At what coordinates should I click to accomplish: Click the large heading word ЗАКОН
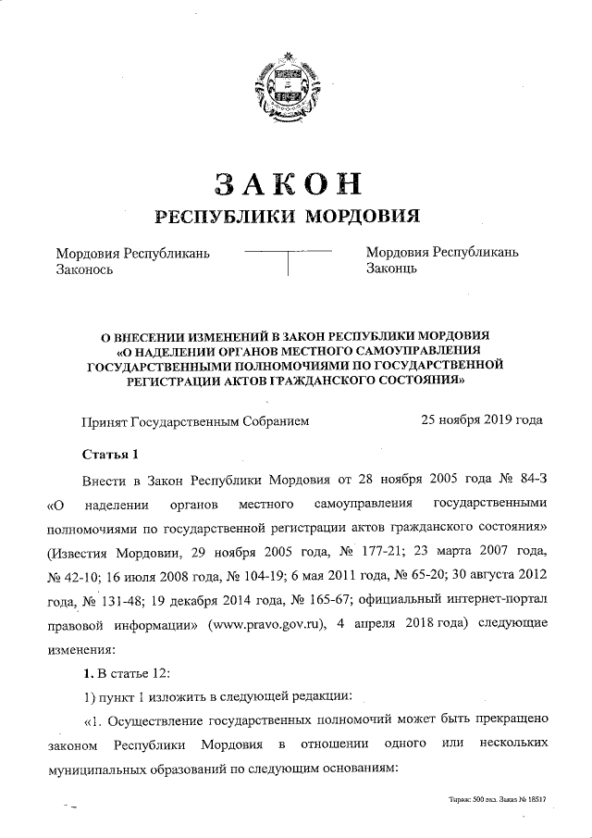click(x=287, y=182)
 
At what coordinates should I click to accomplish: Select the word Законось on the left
click(x=85, y=269)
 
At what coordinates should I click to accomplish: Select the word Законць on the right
click(x=395, y=269)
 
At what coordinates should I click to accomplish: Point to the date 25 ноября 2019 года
click(x=482, y=419)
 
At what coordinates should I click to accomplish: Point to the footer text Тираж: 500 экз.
click(x=473, y=797)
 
